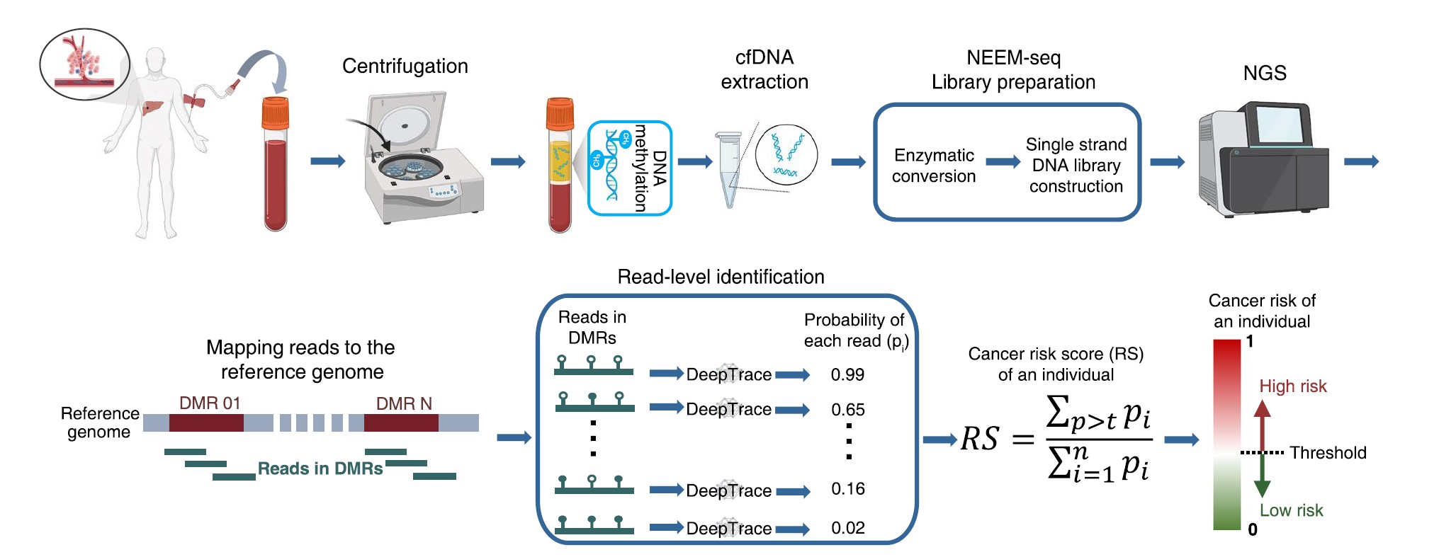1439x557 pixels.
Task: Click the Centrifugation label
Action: pos(405,66)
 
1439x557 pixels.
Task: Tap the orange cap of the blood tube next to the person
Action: pos(276,112)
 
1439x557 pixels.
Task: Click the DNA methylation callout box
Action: pos(629,168)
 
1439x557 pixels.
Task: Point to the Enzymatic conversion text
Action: pos(933,166)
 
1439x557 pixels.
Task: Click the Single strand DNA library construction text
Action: pos(1076,165)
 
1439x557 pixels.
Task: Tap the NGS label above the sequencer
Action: pos(1265,73)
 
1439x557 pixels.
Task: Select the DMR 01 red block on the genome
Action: pos(206,423)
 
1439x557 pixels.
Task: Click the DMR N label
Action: pos(404,403)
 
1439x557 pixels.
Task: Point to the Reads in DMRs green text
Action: pos(320,469)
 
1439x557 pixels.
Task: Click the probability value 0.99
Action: pos(847,374)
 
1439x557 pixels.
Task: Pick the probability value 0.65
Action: pos(847,409)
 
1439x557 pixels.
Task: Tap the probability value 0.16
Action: pos(847,489)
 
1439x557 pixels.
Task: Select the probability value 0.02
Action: pos(847,528)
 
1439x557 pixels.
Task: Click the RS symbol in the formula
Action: pos(979,439)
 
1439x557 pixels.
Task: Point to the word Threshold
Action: pos(1328,453)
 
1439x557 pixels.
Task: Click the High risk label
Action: pos(1292,386)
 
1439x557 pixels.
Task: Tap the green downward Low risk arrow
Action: pos(1262,476)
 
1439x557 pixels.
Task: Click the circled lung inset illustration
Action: pos(85,64)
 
